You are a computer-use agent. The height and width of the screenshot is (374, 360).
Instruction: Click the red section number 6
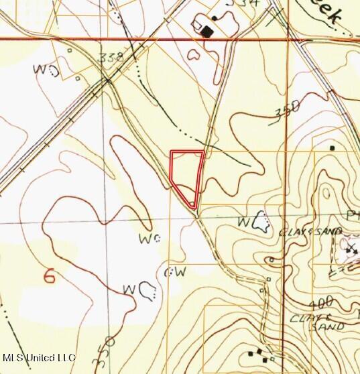click(48, 275)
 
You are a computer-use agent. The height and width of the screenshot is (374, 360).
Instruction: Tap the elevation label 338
click(111, 58)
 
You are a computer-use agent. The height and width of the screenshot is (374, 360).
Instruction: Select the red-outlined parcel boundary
click(186, 178)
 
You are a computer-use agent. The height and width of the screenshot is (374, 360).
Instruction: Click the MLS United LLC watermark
click(39, 358)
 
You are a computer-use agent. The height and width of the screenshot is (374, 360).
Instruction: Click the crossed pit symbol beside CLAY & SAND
click(351, 249)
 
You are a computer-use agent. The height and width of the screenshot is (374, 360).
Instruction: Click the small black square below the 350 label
click(332, 147)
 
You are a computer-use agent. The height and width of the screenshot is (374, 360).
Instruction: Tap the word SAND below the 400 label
click(326, 326)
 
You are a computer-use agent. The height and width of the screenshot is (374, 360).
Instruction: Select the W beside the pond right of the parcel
click(245, 221)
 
